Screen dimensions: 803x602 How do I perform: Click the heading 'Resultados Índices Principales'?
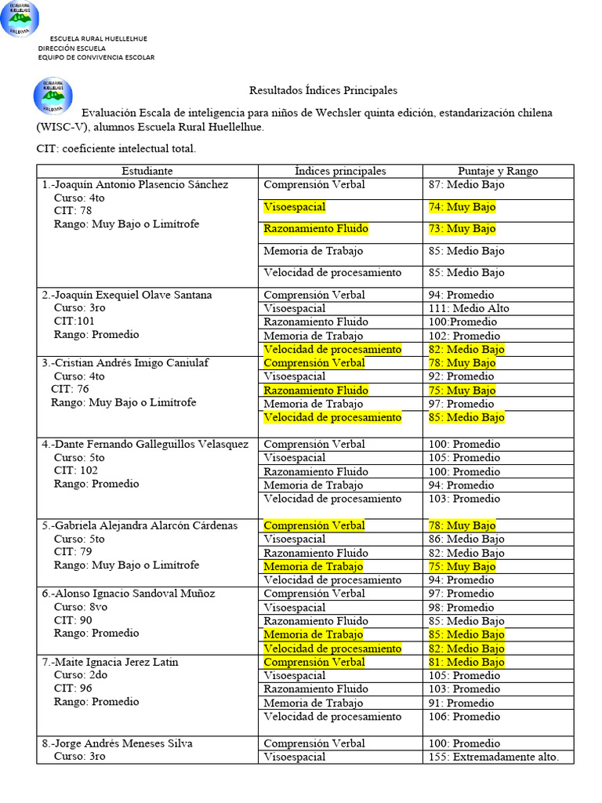coord(323,91)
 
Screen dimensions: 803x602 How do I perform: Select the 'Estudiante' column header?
coord(147,171)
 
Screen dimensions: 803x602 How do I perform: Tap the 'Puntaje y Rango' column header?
coord(498,171)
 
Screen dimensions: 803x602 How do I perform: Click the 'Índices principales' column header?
coord(340,171)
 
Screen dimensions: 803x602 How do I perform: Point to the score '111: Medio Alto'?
coord(469,308)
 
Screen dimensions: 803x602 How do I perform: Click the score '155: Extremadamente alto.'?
coord(494,757)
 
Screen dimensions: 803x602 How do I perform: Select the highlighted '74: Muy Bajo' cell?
coord(462,207)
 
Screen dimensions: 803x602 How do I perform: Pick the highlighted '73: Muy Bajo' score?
coord(462,229)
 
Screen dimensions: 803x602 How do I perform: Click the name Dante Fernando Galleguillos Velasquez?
coord(145,444)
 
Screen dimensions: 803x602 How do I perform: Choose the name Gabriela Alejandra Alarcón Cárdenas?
coord(140,525)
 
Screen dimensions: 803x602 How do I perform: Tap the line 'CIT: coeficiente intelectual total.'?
coord(116,148)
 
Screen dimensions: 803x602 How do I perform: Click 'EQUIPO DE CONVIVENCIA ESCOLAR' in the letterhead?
coord(96,57)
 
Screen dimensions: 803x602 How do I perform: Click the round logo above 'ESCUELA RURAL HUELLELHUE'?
coord(20,19)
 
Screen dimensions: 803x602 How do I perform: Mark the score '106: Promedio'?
coord(464,717)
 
